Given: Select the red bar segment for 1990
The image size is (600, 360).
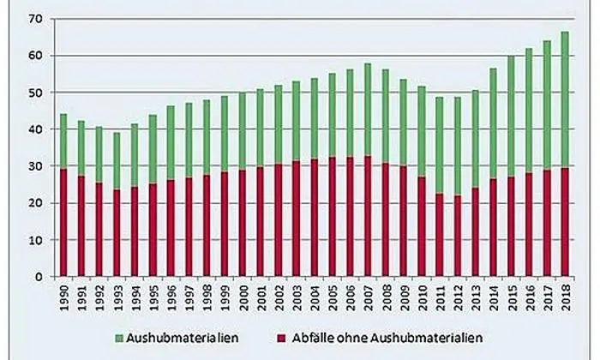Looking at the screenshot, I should tap(63, 223).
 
